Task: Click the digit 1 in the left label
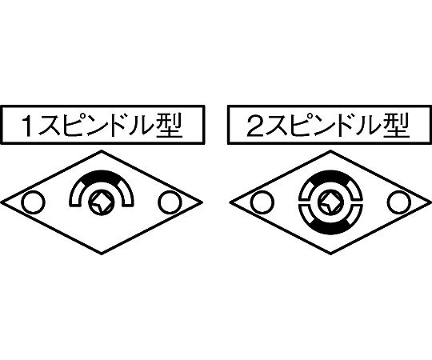pos(27,126)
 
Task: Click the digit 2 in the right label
pos(256,126)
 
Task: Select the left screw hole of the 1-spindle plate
pos(33,202)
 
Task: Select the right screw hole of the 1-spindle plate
pos(170,202)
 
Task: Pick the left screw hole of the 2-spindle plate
pos(262,202)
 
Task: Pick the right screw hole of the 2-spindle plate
pos(399,202)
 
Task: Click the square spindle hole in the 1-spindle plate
pos(101,202)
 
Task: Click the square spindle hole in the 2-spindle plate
pos(330,202)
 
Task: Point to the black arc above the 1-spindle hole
pos(101,174)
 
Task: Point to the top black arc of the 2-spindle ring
pos(330,174)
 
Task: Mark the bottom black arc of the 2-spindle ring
pos(330,230)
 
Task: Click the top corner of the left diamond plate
pos(102,151)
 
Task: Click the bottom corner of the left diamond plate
pos(102,254)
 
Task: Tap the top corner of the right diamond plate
pos(330,151)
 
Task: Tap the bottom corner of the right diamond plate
pos(330,254)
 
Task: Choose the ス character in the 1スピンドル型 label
pos(50,126)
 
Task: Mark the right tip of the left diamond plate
pos(202,202)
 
